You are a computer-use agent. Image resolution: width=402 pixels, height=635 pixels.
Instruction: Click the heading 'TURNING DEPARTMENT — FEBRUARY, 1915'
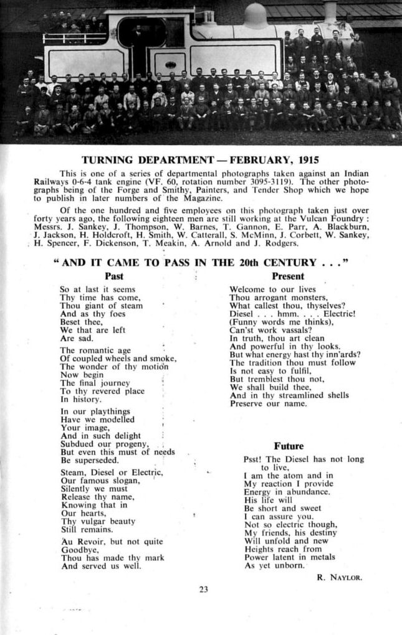click(x=200, y=159)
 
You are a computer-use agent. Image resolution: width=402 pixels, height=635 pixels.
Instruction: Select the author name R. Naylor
click(x=339, y=577)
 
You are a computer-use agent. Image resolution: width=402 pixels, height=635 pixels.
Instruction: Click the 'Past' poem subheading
click(x=114, y=276)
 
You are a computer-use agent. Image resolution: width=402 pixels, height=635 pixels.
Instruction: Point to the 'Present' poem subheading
click(x=288, y=276)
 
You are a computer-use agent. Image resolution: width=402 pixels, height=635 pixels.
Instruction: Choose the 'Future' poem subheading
click(x=289, y=446)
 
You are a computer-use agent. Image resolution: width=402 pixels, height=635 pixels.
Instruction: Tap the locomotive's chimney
click(x=330, y=11)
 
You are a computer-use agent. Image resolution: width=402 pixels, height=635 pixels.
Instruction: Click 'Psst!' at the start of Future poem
click(x=253, y=459)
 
